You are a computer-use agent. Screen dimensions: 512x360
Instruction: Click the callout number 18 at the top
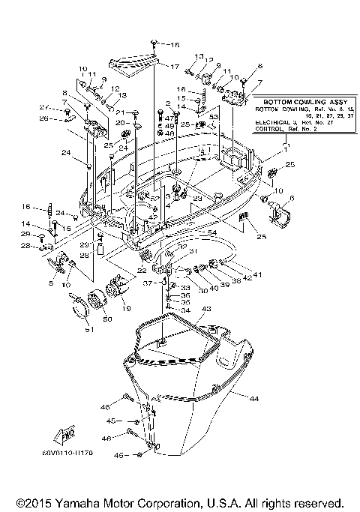coord(176,45)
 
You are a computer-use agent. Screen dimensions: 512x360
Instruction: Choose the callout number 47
coord(170,118)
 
